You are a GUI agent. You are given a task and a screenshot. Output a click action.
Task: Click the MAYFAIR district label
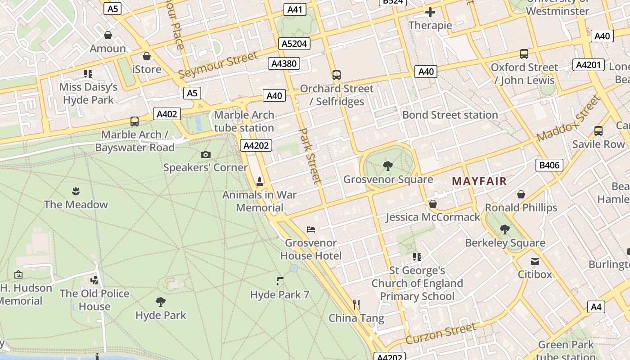point(479,181)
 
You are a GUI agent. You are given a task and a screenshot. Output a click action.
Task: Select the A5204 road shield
point(294,44)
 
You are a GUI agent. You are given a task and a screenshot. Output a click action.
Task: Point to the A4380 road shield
point(284,63)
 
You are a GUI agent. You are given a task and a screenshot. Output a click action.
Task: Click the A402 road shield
point(166,114)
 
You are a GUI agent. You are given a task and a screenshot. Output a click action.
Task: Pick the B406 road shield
point(549,165)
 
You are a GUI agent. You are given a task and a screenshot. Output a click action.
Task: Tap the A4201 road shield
point(588,65)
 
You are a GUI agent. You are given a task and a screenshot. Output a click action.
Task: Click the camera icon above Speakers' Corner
point(205,155)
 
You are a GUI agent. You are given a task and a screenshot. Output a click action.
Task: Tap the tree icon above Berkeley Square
point(505,229)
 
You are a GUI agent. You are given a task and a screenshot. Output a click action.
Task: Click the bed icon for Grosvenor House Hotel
point(310,229)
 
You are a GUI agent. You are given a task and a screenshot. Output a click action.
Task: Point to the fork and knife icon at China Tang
point(356,305)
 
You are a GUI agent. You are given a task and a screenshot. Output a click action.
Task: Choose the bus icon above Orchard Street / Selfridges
point(337,75)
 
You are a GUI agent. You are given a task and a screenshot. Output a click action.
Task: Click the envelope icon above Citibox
point(535,261)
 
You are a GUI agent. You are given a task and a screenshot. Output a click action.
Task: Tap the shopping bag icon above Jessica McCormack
point(432,204)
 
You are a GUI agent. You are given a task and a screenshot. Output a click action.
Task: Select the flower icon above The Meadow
point(76,191)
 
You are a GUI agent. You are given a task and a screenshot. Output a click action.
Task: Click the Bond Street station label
point(450,115)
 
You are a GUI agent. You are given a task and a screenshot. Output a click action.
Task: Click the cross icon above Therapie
point(430,12)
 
